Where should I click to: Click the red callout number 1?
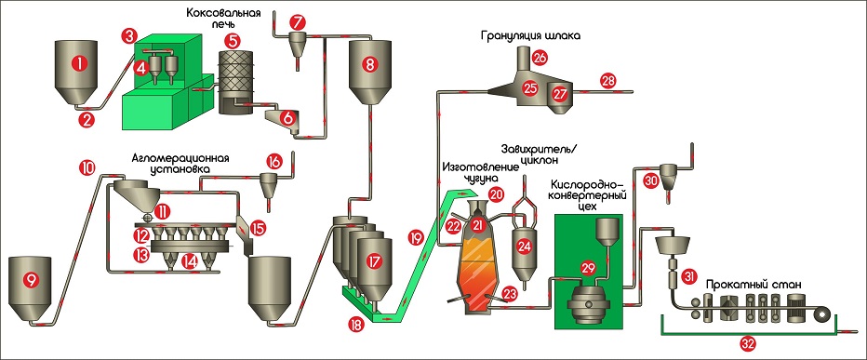80,64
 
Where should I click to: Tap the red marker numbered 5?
232,41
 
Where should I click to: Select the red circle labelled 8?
369,64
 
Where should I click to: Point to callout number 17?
373,259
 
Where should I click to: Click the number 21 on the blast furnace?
478,224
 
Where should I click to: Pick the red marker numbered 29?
585,267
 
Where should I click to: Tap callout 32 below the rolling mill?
749,343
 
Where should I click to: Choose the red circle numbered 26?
540,57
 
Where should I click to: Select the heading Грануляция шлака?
530,37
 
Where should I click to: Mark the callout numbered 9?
31,280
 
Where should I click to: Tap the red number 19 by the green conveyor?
415,238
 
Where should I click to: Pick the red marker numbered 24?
524,247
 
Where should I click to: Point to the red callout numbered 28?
607,82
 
